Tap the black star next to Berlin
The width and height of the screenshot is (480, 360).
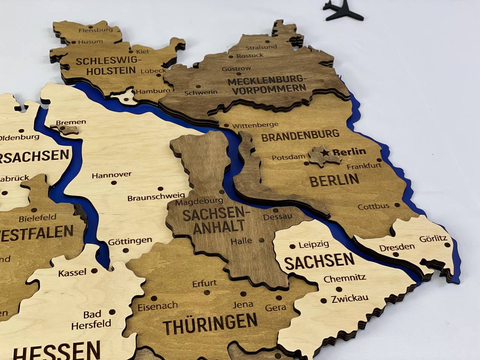click(325, 152)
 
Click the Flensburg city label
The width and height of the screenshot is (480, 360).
click(95, 30)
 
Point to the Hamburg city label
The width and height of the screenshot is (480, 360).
click(153, 91)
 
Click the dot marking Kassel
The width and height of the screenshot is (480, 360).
click(94, 270)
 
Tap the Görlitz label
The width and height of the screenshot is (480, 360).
click(433, 238)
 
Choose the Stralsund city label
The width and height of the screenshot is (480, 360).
click(261, 47)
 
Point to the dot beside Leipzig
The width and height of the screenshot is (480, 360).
click(292, 246)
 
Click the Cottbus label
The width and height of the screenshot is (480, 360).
click(373, 207)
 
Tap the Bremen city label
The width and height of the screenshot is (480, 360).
click(71, 122)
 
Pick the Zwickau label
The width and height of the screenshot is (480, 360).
click(349, 299)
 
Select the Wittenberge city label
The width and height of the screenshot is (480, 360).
click(255, 125)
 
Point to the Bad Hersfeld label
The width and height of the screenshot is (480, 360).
click(91, 319)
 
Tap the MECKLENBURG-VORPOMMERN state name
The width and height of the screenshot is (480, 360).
click(267, 84)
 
